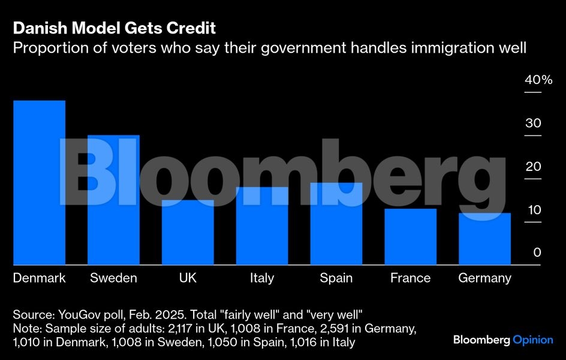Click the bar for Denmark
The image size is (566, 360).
click(x=39, y=182)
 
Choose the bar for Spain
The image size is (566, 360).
click(x=336, y=223)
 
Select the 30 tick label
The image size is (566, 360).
click(x=534, y=124)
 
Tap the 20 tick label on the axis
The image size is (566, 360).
click(x=534, y=167)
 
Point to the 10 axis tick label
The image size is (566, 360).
click(x=534, y=210)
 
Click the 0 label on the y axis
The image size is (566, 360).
click(x=537, y=253)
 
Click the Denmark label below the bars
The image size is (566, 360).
click(x=39, y=278)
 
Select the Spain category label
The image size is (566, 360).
click(x=336, y=278)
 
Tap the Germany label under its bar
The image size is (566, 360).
click(x=484, y=278)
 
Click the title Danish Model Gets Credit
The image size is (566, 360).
click(x=115, y=28)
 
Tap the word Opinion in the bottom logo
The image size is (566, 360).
click(x=533, y=340)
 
